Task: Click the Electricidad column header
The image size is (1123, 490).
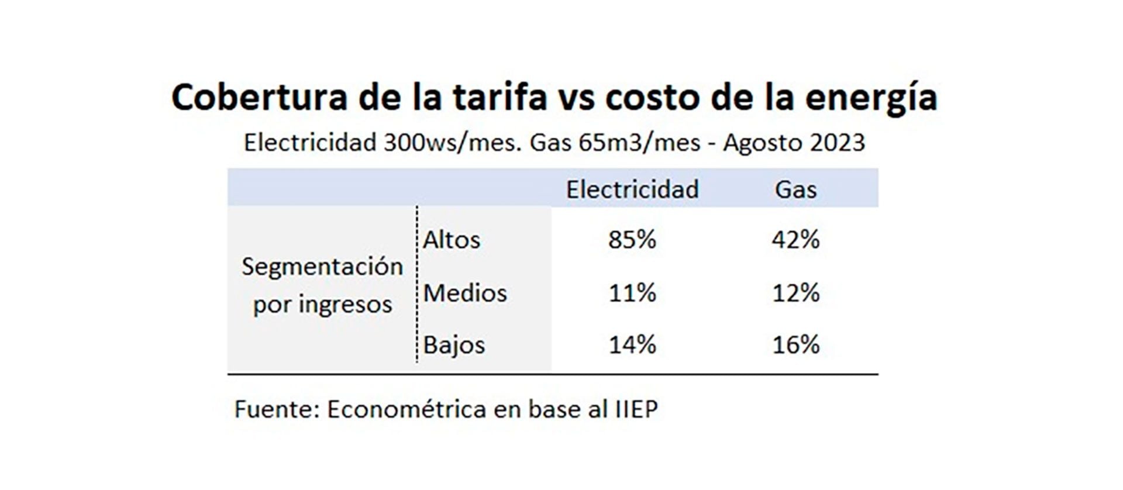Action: click(632, 189)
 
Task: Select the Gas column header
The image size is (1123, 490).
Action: click(795, 189)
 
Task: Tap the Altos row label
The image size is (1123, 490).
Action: click(452, 240)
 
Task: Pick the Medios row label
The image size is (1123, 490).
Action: click(465, 293)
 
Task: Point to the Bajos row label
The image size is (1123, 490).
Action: click(454, 345)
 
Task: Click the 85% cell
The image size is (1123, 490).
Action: click(632, 240)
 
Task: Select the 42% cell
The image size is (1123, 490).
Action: click(795, 240)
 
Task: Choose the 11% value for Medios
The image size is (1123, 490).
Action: click(632, 293)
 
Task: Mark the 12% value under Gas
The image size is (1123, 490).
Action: click(795, 293)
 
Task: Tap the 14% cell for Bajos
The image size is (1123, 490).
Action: click(632, 345)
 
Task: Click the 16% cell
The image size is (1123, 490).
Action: click(795, 345)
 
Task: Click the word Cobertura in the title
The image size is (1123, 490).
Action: click(259, 97)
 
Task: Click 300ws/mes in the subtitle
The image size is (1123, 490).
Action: click(452, 143)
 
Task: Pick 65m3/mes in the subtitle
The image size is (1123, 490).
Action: click(639, 143)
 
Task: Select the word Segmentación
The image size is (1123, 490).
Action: click(322, 267)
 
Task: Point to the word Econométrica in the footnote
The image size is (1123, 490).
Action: click(407, 409)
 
